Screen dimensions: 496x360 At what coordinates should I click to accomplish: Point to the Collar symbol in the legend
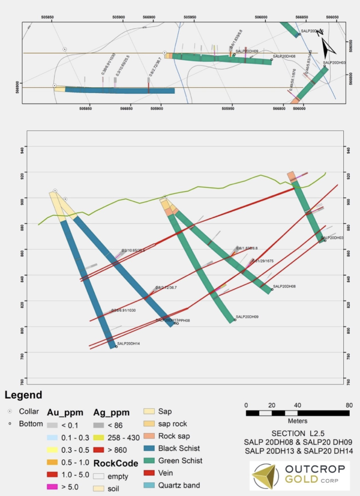10,412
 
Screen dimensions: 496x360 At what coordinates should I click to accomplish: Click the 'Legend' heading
23,395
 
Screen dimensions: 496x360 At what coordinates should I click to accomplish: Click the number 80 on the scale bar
349,404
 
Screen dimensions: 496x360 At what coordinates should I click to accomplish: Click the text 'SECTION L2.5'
297,432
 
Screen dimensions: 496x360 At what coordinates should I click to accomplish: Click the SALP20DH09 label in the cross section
247,316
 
